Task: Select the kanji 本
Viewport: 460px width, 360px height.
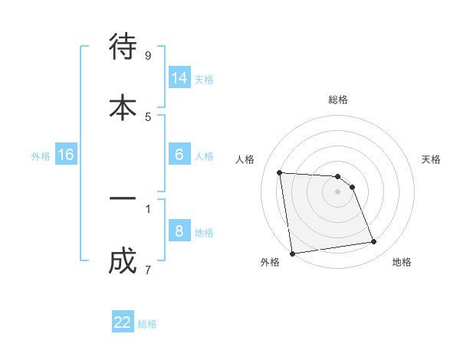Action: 123,106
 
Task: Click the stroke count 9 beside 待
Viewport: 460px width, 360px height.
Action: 148,55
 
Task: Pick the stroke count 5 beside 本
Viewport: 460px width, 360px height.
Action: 148,116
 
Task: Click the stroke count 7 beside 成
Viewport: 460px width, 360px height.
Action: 148,270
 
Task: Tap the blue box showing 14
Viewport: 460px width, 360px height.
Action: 179,77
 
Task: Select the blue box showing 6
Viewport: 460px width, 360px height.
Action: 179,154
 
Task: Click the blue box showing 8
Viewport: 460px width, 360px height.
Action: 179,231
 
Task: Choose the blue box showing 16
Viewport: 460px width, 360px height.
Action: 66,155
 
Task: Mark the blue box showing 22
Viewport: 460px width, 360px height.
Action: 123,322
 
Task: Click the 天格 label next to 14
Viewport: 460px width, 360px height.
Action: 204,79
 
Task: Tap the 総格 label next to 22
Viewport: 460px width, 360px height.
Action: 147,324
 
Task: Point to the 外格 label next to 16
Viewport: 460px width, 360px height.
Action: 41,156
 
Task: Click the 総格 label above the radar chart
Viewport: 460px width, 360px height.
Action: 338,100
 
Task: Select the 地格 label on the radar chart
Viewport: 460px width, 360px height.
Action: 402,263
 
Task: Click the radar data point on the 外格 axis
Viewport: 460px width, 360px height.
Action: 292,253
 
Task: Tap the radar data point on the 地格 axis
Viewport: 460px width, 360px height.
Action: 374,242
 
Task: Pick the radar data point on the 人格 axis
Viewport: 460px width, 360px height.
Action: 280,172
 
